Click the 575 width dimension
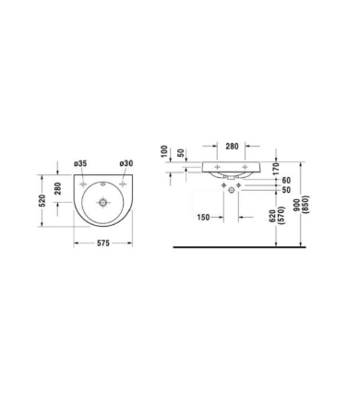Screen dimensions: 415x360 [101, 243]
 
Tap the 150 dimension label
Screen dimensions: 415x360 [207, 218]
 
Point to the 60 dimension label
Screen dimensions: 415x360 [287, 181]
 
